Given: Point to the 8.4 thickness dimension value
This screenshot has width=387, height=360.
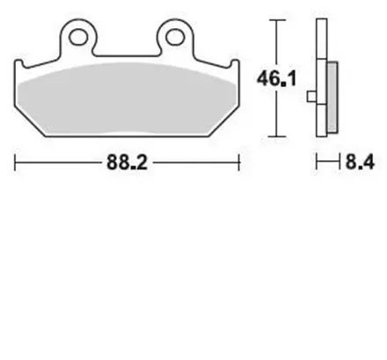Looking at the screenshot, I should pos(359,164).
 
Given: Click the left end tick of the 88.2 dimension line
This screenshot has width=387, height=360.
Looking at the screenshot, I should pos(16,163).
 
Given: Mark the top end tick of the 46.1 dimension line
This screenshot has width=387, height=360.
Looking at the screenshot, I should pos(279,22).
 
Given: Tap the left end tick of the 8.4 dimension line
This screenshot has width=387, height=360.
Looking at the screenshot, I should pos(316,163).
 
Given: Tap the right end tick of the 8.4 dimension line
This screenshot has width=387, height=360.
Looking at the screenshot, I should pos(338,163).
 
